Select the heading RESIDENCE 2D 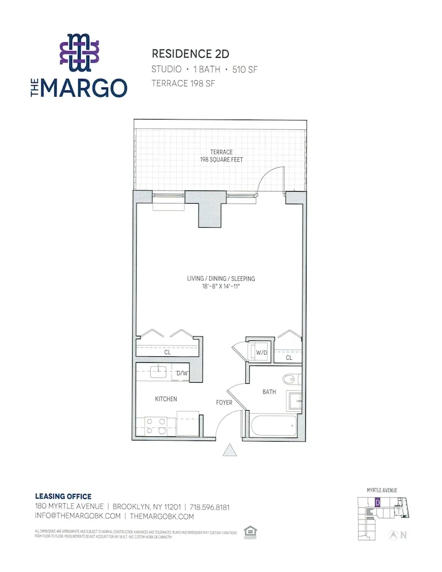(x=190, y=54)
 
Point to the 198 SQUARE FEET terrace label (x=221, y=160)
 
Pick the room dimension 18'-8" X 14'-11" (x=221, y=286)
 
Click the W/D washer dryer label (x=261, y=352)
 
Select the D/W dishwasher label (x=182, y=373)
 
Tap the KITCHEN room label (x=166, y=399)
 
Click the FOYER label (x=224, y=403)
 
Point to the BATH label (x=269, y=392)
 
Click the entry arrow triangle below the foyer (x=229, y=451)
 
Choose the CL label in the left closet (x=168, y=353)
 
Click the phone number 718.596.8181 (x=208, y=507)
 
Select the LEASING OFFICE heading (x=63, y=496)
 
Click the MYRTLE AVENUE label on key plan (x=382, y=490)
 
